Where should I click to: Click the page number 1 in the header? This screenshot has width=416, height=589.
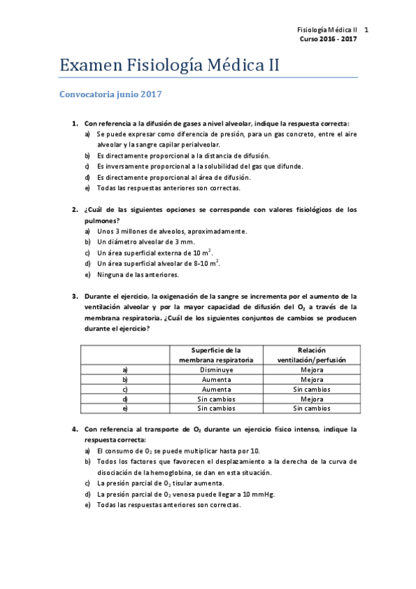(x=366, y=31)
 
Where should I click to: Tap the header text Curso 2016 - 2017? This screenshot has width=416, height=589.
(x=328, y=40)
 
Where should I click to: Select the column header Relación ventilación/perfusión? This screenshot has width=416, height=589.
(x=311, y=355)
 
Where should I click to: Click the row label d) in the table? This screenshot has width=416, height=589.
(x=125, y=399)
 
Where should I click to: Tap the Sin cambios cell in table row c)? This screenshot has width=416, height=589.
(x=311, y=390)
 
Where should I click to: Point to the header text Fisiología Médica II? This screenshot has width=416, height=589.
(x=326, y=31)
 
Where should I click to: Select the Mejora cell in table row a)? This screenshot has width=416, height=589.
(x=311, y=370)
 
